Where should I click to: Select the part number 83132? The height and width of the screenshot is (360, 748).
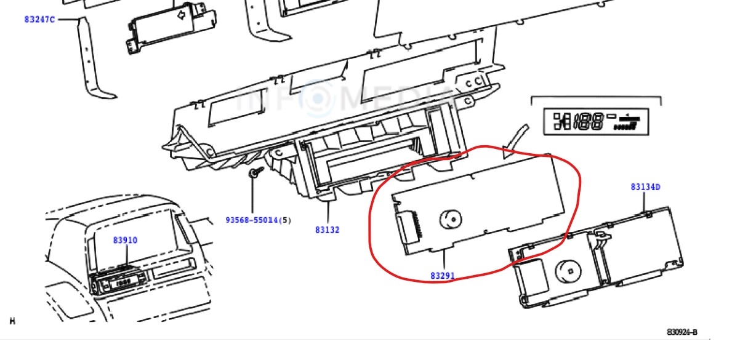point(327,230)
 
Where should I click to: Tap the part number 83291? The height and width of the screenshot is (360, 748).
point(443,276)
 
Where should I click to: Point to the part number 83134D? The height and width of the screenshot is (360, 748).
point(645,186)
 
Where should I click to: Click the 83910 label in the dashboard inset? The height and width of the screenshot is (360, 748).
point(125,241)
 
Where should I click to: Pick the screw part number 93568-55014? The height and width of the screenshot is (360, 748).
point(252,220)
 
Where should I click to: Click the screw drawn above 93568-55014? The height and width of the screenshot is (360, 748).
point(253,174)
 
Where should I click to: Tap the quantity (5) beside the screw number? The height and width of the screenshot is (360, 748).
point(286,220)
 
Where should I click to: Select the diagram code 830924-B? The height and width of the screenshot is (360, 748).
point(682,332)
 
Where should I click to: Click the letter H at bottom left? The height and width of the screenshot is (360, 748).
point(12,321)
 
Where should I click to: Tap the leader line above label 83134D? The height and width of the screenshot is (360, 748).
point(645,201)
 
